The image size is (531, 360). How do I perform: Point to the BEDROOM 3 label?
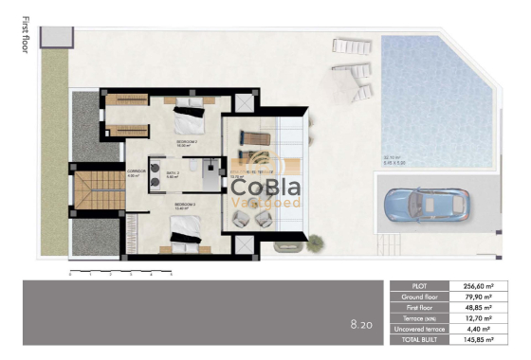click(x=185, y=204)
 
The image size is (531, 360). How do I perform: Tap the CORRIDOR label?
click(x=137, y=172)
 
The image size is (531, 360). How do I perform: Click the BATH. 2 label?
click(x=173, y=173)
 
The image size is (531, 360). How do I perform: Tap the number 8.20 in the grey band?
click(x=360, y=325)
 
